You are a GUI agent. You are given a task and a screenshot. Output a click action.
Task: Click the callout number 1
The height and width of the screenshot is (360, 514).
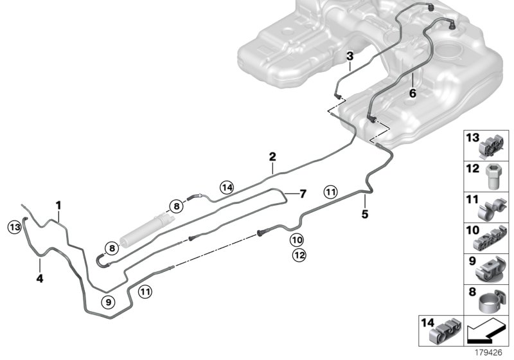pos(58,205)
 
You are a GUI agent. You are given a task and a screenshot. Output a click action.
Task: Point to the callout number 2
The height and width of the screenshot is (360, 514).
pos(272,156)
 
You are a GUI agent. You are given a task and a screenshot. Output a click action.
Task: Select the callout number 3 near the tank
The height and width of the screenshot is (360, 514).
pos(350,56)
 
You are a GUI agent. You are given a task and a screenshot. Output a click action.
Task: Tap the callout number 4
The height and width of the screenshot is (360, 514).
pos(39,279)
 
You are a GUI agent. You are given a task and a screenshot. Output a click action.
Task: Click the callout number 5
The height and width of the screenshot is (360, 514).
pos(364,214)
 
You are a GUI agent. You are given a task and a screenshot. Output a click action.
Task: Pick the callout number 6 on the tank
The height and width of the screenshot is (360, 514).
pos(412,93)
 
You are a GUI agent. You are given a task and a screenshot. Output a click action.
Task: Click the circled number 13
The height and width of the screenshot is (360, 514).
pos(14,226)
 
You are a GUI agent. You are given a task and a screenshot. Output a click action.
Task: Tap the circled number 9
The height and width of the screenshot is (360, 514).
pos(109,300)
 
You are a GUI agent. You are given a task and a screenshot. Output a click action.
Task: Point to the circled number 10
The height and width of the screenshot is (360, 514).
pos(296,240)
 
